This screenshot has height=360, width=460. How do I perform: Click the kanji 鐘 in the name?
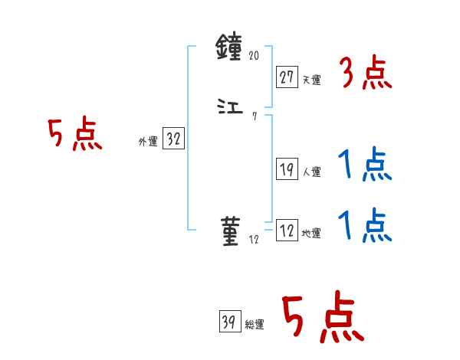point(230,51)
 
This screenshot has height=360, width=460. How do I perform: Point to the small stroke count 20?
point(255,56)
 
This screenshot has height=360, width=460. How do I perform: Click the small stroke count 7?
point(255,116)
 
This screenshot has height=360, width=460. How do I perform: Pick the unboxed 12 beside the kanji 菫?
point(255,239)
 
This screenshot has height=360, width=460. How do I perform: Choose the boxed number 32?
point(173,139)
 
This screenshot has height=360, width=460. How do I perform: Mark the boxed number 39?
point(228,322)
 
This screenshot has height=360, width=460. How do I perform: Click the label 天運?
point(311,79)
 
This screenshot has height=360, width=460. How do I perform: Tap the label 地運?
point(311,234)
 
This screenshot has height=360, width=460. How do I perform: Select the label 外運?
point(147,142)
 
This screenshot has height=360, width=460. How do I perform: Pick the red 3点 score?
point(365,74)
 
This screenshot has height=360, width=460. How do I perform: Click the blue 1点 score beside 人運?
point(364,164)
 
